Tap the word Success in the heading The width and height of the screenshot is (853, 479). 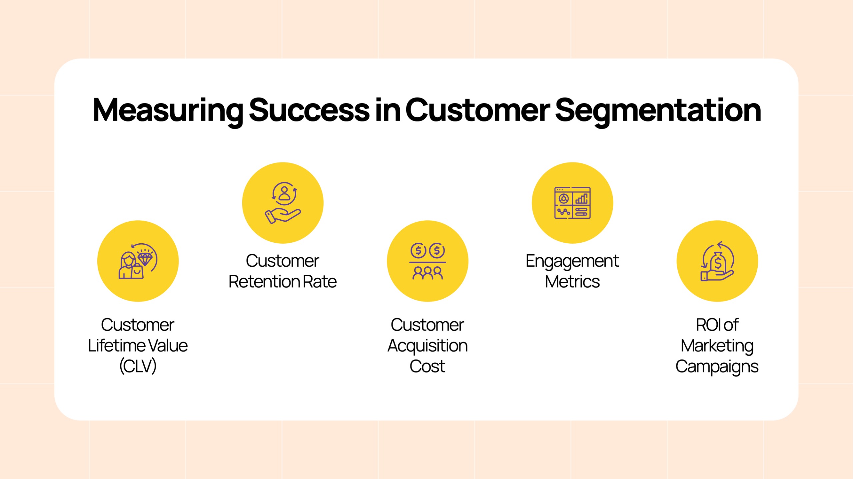pos(309,110)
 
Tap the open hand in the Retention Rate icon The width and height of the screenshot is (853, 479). pos(283,216)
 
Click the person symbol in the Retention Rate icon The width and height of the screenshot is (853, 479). pos(284,193)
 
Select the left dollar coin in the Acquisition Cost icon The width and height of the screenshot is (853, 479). pos(419,251)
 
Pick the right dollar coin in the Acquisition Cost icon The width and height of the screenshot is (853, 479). pos(437,251)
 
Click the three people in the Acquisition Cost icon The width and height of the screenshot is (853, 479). pos(428,273)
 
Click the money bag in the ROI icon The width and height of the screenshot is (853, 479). pos(718,262)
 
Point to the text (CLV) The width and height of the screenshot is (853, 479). pos(138,366)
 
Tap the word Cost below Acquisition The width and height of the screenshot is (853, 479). pos(427,366)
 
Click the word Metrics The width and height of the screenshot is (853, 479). pos(572,282)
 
